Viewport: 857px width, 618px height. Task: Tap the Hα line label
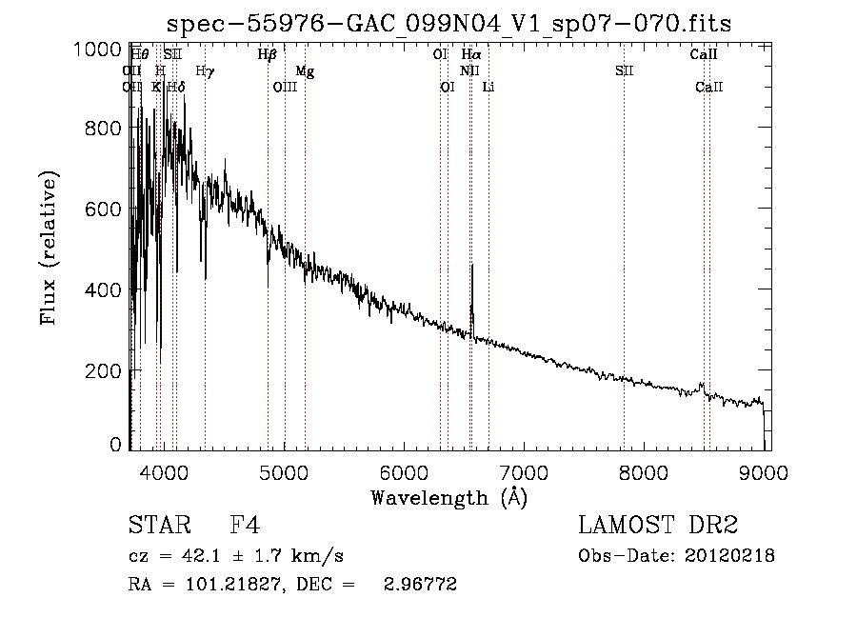[471, 55]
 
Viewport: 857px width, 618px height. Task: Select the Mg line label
[305, 71]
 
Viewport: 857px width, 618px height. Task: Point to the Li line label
[488, 88]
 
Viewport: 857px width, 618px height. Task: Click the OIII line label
[285, 88]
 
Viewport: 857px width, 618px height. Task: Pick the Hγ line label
[205, 71]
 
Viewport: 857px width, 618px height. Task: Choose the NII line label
[469, 71]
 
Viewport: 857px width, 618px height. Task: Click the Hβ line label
[268, 55]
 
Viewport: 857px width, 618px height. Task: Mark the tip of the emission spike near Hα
[472, 266]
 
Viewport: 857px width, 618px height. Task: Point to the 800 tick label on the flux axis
[103, 129]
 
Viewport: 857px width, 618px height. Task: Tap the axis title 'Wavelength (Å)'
[448, 497]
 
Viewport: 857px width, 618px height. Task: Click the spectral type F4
[246, 526]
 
